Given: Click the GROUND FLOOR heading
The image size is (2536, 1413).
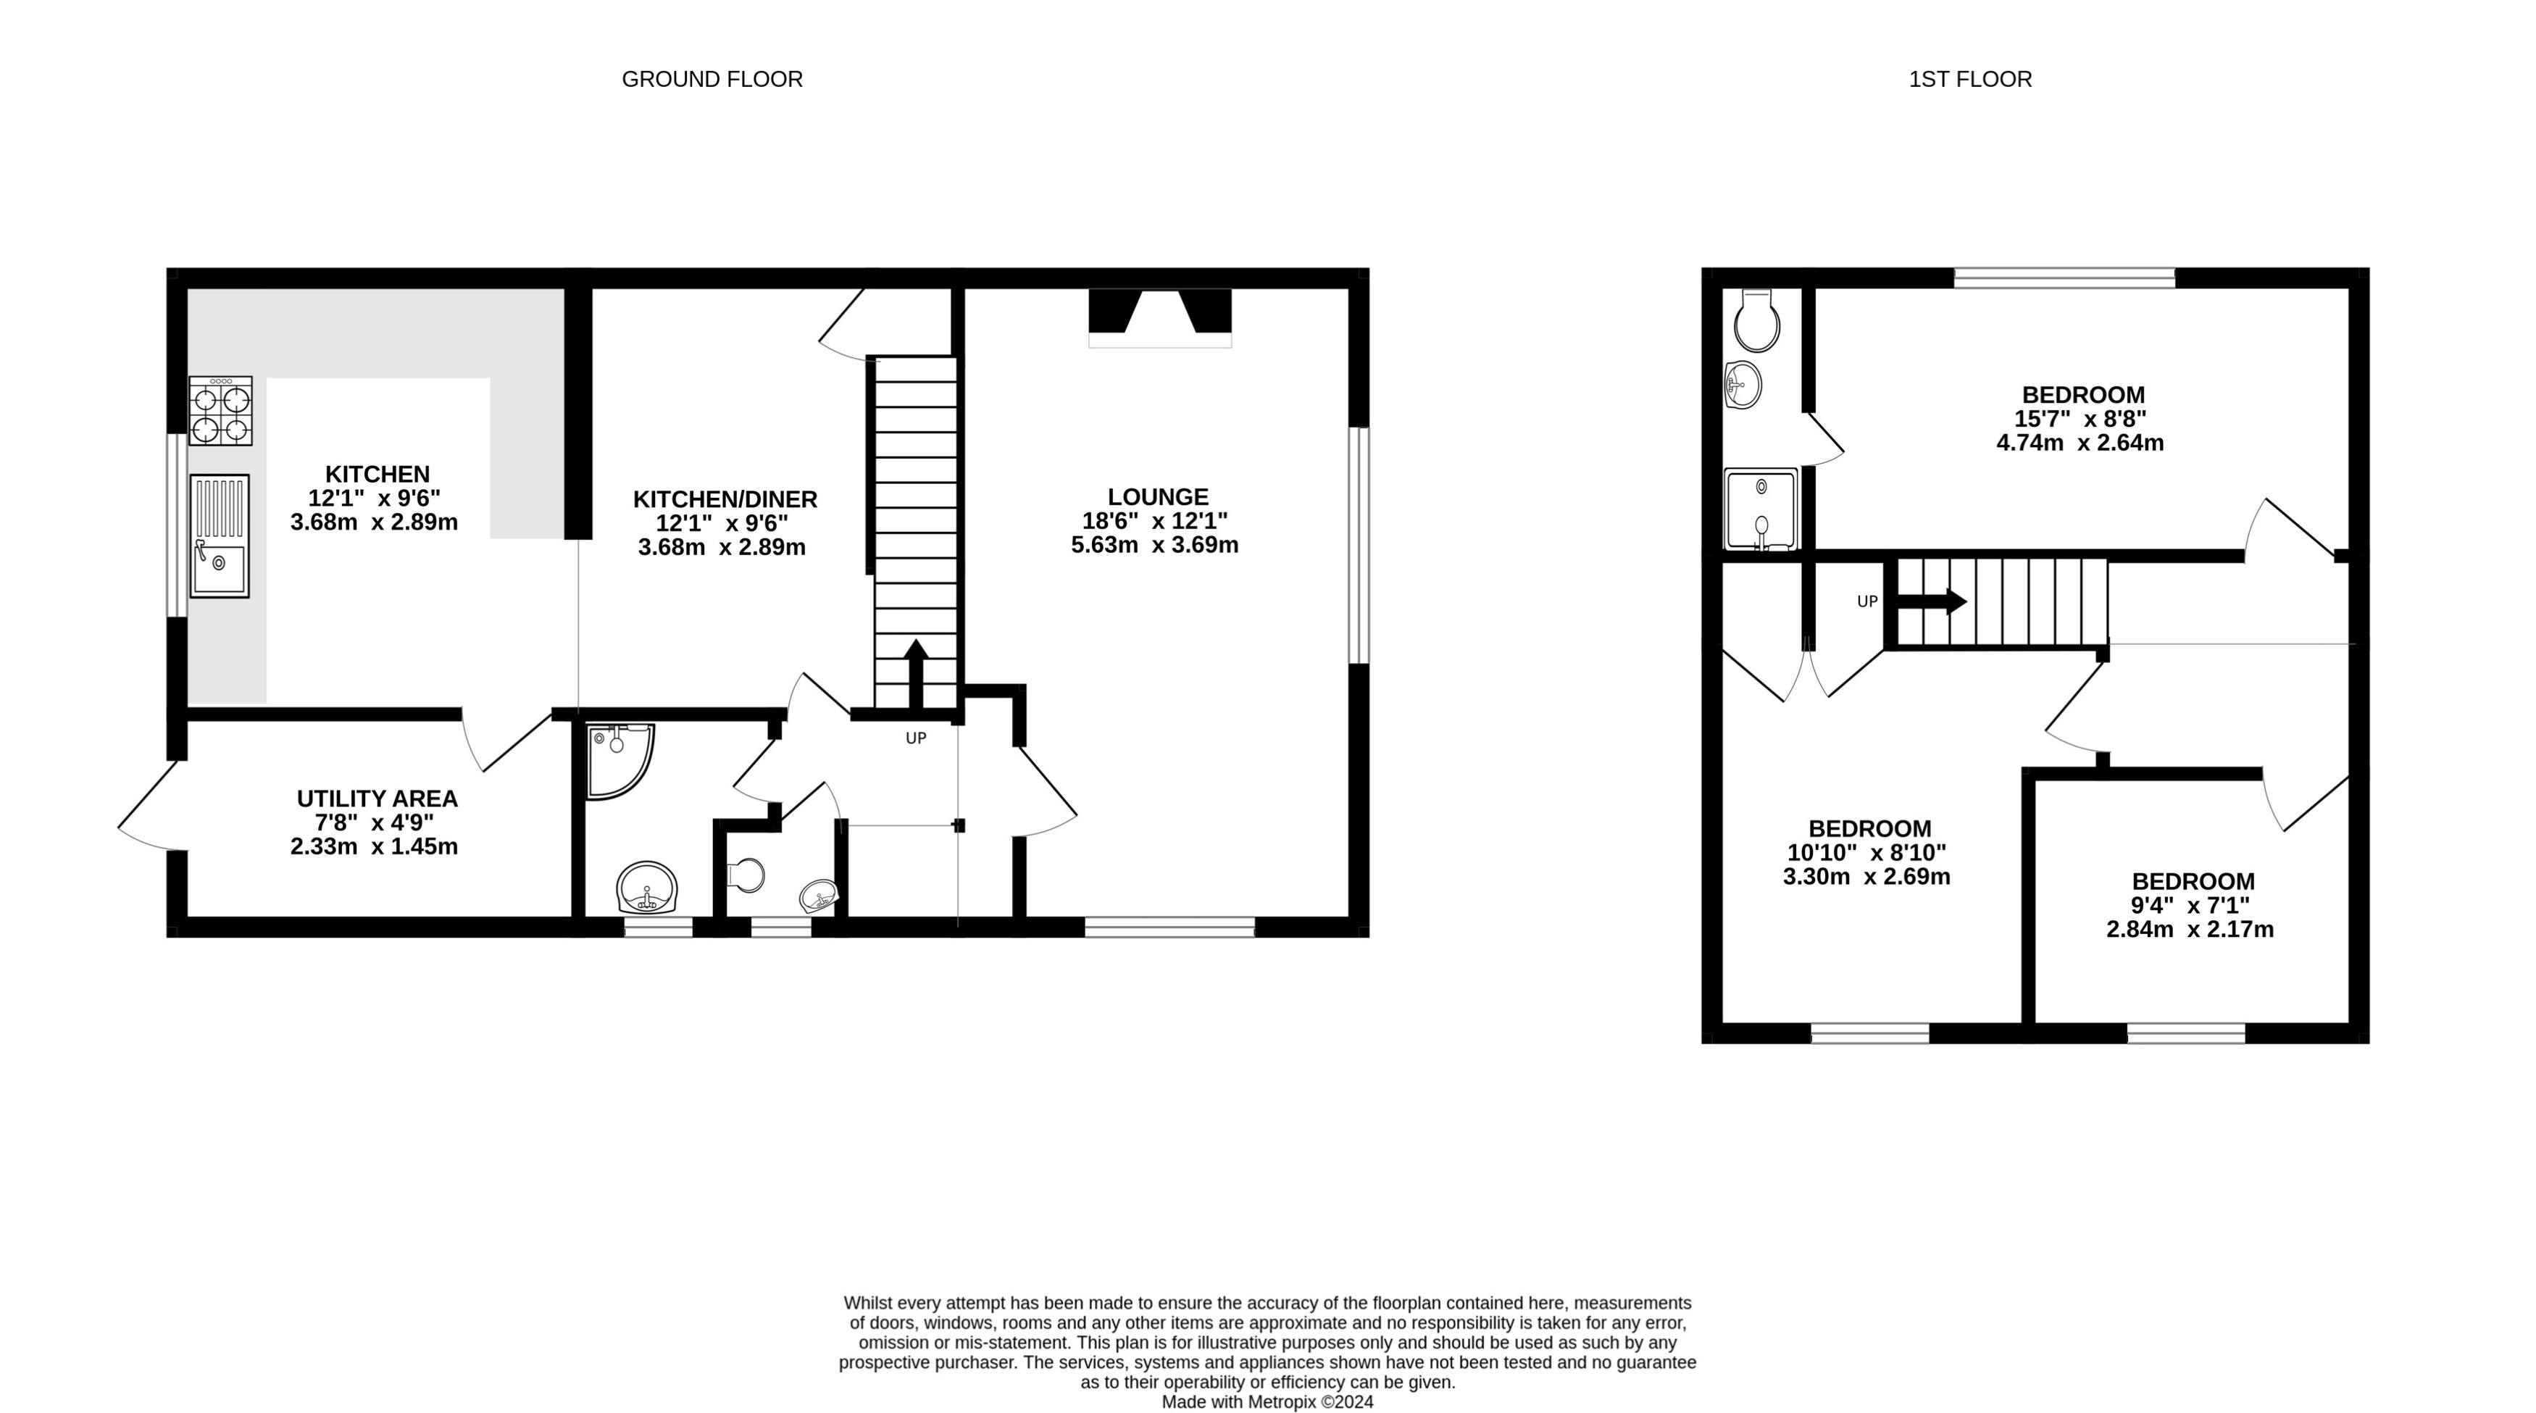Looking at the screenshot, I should tap(712, 79).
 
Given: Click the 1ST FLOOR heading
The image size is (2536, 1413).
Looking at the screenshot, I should tap(1970, 79).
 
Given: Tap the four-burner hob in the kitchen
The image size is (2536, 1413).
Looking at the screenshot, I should tap(220, 411).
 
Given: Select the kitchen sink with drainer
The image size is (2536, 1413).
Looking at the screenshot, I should tap(220, 535).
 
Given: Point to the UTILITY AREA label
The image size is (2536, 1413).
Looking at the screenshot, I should tap(377, 799).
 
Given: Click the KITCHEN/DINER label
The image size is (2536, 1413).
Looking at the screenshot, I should tap(725, 499).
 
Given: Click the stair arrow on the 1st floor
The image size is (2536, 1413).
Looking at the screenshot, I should tap(1932, 601).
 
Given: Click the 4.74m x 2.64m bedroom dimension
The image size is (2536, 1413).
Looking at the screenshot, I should tap(2080, 443).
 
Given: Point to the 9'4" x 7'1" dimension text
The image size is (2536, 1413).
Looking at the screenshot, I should tap(2190, 906).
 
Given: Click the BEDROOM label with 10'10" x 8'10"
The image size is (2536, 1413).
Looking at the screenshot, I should tap(1869, 829).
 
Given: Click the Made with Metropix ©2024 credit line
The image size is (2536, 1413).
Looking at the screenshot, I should tap(1267, 1402).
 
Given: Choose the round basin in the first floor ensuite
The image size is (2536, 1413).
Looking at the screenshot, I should tap(1743, 384).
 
